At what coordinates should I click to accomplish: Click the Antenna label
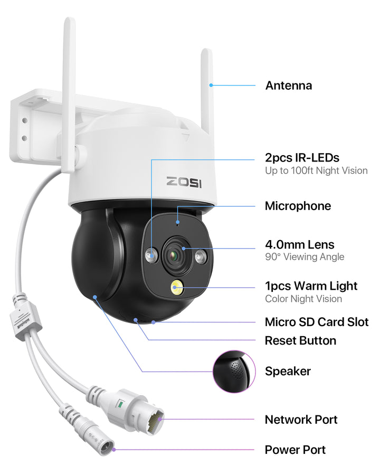click(x=288, y=85)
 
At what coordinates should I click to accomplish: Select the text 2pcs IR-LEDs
click(x=302, y=158)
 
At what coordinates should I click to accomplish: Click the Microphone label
click(x=298, y=206)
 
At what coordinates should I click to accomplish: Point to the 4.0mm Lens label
click(x=299, y=245)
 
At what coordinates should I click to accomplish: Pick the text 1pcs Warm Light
click(x=311, y=286)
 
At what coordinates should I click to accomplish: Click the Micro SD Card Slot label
click(x=316, y=322)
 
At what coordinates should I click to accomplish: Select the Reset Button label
click(x=300, y=340)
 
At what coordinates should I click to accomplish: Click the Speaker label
click(x=288, y=371)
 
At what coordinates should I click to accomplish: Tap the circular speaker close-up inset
click(x=234, y=371)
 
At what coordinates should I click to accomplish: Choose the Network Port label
click(x=301, y=420)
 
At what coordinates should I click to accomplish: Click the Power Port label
click(x=295, y=450)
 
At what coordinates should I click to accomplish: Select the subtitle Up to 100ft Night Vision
click(x=316, y=170)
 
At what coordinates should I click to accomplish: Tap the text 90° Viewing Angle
click(x=304, y=257)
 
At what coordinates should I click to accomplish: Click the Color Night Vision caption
click(x=303, y=299)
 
